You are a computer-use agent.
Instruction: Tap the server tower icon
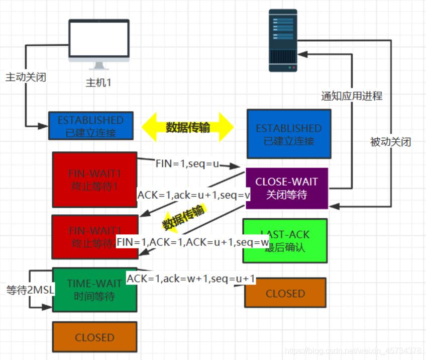click(282, 41)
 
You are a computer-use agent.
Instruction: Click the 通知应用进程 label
click(352, 96)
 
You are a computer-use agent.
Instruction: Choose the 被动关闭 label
click(390, 142)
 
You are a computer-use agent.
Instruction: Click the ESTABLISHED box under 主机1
click(91, 126)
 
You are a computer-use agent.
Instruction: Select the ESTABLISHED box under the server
click(288, 134)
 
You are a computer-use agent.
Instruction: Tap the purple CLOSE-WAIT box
click(286, 188)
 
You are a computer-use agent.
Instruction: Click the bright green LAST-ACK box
click(284, 240)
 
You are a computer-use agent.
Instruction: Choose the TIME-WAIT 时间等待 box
click(94, 290)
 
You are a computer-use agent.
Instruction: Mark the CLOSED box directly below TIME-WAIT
click(94, 337)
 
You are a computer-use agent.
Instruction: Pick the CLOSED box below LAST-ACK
click(285, 293)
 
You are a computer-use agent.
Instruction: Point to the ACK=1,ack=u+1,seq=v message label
click(193, 195)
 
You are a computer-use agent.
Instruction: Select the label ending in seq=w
click(193, 242)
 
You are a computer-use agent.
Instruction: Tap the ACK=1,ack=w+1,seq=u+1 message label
click(191, 279)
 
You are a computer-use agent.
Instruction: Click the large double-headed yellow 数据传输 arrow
click(187, 127)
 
